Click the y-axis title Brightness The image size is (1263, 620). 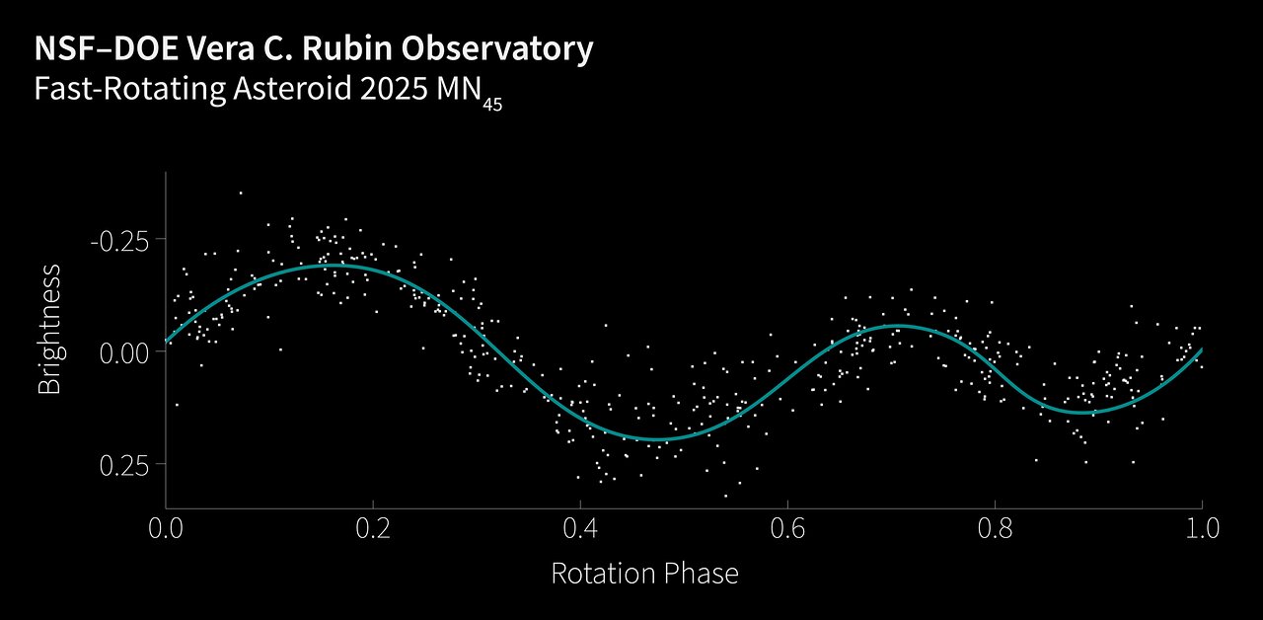click(49, 329)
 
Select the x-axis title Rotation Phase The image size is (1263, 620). click(644, 574)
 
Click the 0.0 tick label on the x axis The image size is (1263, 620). click(166, 527)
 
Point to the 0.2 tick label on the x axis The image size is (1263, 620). click(373, 527)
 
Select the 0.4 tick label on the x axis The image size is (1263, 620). click(580, 527)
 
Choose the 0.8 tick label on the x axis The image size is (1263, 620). click(995, 527)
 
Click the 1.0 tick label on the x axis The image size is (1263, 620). click(1201, 527)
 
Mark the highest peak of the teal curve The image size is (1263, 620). click(334, 265)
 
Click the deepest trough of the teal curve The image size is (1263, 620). click(656, 439)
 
